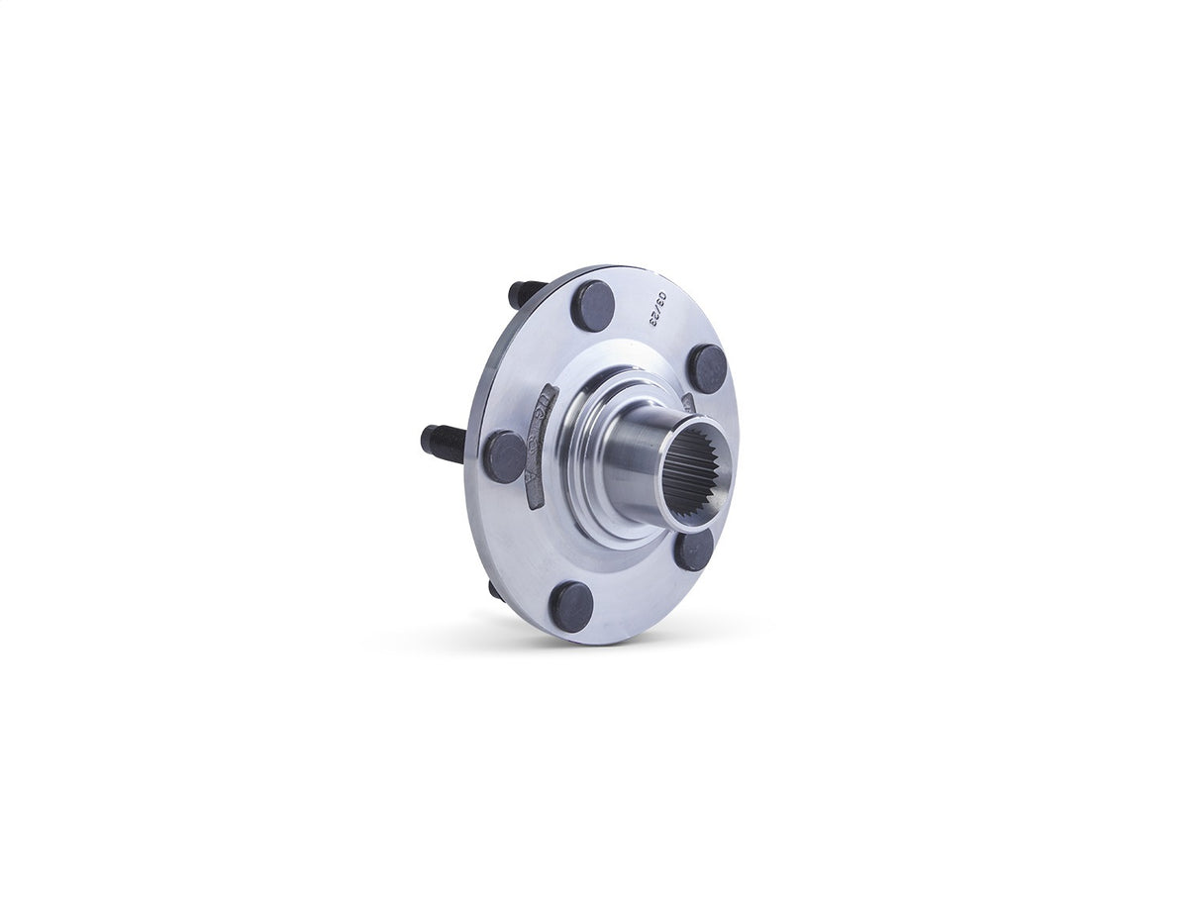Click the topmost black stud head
click(593, 306)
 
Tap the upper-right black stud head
click(708, 368)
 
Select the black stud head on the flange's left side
click(505, 456)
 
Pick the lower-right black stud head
click(694, 550)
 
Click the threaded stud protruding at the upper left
click(526, 293)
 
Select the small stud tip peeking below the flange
click(494, 590)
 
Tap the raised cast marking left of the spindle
click(541, 445)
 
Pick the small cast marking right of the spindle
click(689, 402)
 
